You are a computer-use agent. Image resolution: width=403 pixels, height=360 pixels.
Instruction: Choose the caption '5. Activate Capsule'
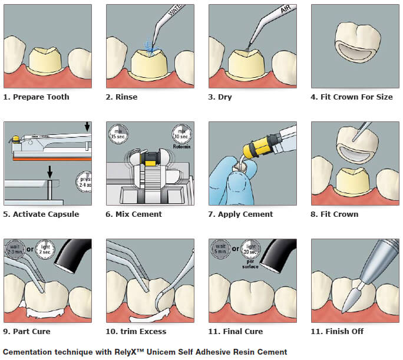click(41, 214)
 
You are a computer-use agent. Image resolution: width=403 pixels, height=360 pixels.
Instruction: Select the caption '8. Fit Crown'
click(334, 214)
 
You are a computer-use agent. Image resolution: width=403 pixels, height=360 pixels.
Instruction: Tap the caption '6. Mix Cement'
click(134, 214)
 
